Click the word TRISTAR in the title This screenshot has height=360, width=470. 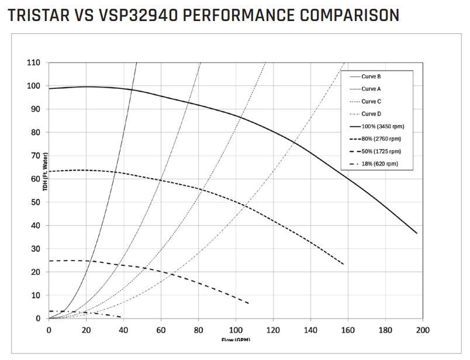click(x=36, y=15)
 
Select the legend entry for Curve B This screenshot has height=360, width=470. click(x=371, y=77)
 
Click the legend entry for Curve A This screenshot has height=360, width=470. click(x=371, y=89)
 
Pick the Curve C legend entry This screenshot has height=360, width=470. click(x=371, y=101)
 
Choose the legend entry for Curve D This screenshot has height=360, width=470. click(x=371, y=114)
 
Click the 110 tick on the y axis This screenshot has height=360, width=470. click(x=34, y=63)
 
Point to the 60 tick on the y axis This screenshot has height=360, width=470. click(x=36, y=179)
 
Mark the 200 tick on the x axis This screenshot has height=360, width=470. click(x=422, y=330)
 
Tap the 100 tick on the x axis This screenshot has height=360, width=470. click(x=236, y=330)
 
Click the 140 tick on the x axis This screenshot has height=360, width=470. click(x=310, y=330)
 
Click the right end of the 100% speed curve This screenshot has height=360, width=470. click(x=417, y=233)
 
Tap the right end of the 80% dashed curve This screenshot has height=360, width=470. click(x=343, y=264)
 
